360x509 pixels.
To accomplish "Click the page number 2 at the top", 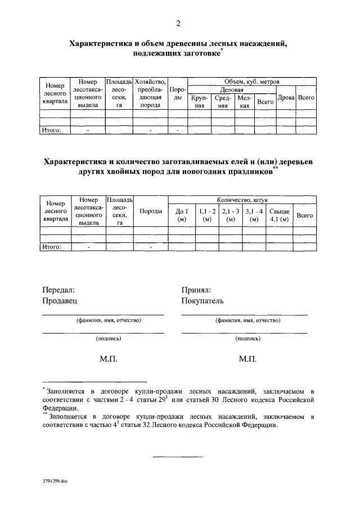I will tap(178, 23).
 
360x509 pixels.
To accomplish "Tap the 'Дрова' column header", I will tap(287, 98).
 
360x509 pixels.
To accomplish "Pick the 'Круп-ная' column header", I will tap(199, 102).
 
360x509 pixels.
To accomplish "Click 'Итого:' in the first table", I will tap(52, 130).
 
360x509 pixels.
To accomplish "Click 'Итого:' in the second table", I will tap(52, 246).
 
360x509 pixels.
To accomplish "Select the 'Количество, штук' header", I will tap(243, 200).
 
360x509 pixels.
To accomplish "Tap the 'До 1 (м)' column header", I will tap(181, 215).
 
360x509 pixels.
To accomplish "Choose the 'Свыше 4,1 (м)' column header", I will tap(280, 215).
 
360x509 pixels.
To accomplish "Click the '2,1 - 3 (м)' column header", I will tap(231, 215).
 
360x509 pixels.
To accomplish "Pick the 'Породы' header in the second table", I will tap(151, 211).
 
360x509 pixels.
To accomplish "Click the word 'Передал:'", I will tap(58, 290).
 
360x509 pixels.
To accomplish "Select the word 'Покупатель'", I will tap(202, 300).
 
